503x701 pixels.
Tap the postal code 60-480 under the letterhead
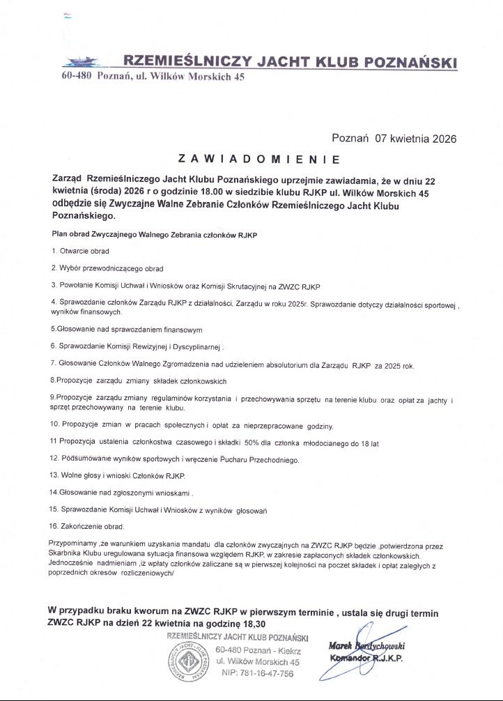72,77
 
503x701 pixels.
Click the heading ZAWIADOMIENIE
258,160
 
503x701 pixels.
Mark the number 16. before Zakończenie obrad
55,526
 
